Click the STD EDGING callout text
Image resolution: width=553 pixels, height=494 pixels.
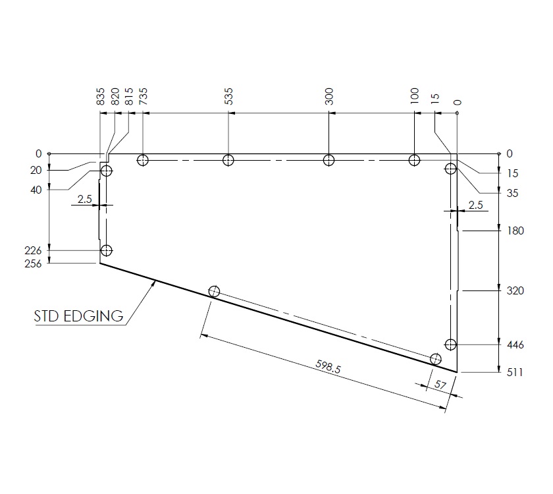tap(78, 316)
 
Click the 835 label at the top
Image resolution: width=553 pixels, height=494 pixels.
tap(101, 97)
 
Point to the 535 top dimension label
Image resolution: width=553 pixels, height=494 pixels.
tap(228, 96)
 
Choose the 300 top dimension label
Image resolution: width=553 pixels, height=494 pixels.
tap(329, 96)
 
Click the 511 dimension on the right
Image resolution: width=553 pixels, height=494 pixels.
tap(514, 372)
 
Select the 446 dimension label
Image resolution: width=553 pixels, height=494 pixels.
tap(514, 344)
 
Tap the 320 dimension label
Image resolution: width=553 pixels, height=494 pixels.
tap(514, 290)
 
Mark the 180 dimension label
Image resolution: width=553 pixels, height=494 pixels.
tap(514, 231)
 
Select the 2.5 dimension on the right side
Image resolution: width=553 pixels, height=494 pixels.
tap(475, 205)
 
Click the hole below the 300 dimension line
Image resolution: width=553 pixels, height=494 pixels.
tap(329, 160)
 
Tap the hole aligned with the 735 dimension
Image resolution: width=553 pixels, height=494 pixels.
tap(143, 160)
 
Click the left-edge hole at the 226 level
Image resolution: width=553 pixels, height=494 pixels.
tap(106, 251)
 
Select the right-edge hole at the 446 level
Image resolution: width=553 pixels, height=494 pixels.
tap(450, 344)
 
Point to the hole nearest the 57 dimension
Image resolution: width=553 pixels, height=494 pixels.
tap(435, 359)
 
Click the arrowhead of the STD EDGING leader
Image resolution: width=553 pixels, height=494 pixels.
tap(156, 281)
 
